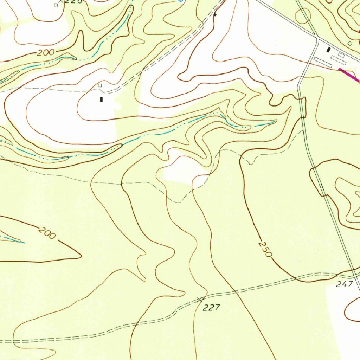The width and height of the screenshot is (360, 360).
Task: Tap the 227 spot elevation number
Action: [212, 308]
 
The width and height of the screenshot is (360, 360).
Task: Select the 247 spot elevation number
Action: [344, 284]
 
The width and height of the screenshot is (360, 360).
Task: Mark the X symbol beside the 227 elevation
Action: [200, 300]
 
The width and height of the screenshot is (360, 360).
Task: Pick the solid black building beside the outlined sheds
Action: [329, 50]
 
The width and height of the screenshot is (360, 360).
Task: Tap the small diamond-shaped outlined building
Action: [349, 43]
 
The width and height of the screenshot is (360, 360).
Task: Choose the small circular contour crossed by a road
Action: [303, 15]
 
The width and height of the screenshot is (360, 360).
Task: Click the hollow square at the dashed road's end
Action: [100, 85]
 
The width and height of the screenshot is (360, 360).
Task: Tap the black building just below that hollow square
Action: [102, 99]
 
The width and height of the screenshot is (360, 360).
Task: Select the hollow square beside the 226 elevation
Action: [56, 5]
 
